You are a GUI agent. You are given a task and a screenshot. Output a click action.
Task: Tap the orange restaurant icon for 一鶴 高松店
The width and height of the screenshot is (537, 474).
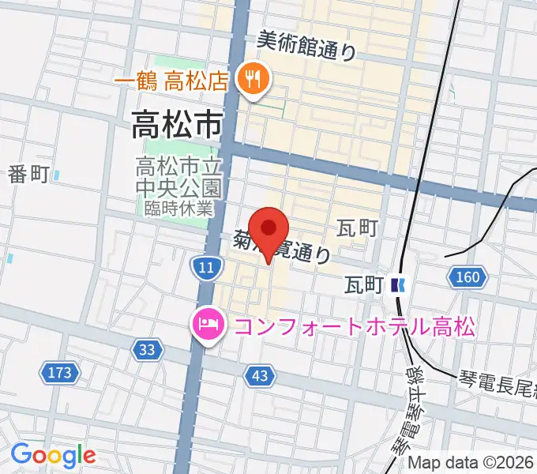click(253, 78)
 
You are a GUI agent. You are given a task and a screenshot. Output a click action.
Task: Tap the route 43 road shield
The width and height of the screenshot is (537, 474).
click(260, 376)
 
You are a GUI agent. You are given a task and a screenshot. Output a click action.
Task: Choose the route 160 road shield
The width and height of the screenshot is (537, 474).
click(467, 277)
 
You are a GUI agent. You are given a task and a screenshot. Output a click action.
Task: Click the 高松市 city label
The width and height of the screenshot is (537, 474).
click(176, 123)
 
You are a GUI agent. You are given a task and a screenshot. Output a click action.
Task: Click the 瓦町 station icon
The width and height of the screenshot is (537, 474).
click(400, 284)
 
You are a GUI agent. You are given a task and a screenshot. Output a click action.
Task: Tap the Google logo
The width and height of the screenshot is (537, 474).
click(53, 455)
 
